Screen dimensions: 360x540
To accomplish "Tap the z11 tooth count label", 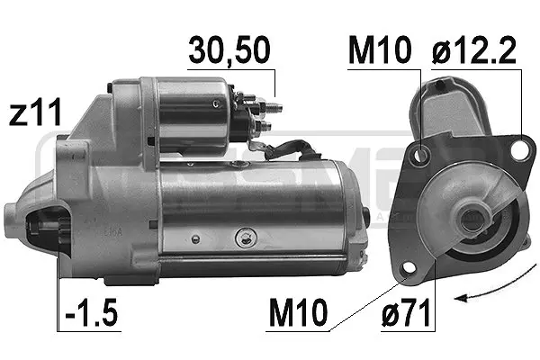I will (x=35, y=113).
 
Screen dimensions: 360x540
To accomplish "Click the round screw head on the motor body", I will (x=241, y=238).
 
